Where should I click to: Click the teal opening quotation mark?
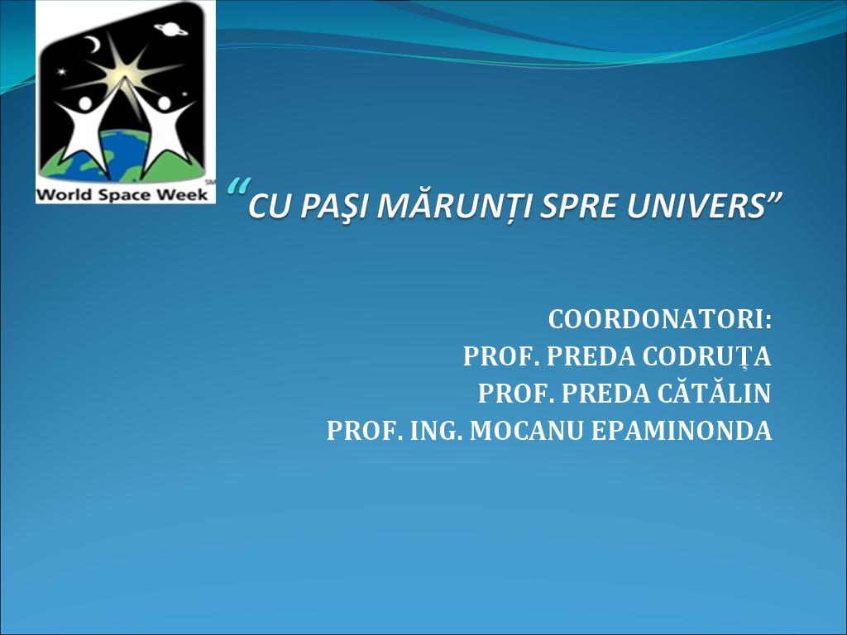[x=237, y=187]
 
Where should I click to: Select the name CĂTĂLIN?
[x=714, y=393]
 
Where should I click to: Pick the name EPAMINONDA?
[x=682, y=431]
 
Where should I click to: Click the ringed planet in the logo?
[x=170, y=29]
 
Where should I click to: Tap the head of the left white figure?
[x=85, y=103]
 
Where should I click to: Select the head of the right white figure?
[x=164, y=103]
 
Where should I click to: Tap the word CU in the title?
[x=270, y=208]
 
